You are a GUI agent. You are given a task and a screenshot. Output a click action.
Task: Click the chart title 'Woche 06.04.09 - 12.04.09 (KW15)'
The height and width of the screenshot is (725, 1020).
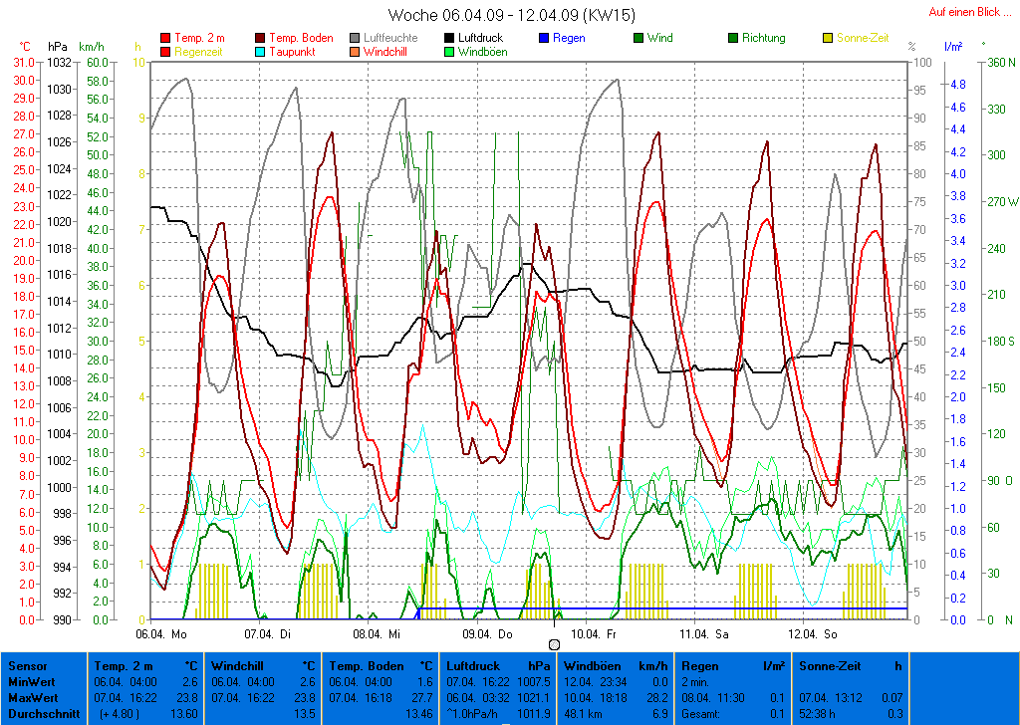point(511,16)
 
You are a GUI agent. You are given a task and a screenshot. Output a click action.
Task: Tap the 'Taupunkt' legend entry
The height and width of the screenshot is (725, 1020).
point(292,52)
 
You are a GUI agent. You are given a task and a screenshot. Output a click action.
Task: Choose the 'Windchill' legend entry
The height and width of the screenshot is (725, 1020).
point(390,52)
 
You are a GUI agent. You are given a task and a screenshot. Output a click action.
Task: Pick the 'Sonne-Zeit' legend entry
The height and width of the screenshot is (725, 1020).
point(862,38)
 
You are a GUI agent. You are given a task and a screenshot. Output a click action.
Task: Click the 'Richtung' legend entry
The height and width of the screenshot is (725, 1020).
point(763,38)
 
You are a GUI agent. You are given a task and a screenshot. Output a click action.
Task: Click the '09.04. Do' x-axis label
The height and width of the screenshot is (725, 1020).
point(488,633)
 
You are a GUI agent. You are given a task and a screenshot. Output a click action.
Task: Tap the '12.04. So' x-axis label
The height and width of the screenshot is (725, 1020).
point(814,633)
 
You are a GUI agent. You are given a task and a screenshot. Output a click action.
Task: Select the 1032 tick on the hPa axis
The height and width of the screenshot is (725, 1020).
point(59,62)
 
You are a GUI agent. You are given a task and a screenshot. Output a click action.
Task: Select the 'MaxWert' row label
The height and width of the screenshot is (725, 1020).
point(30,698)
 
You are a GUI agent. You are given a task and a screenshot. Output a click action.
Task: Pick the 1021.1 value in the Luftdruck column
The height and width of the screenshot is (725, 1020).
point(533,698)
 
